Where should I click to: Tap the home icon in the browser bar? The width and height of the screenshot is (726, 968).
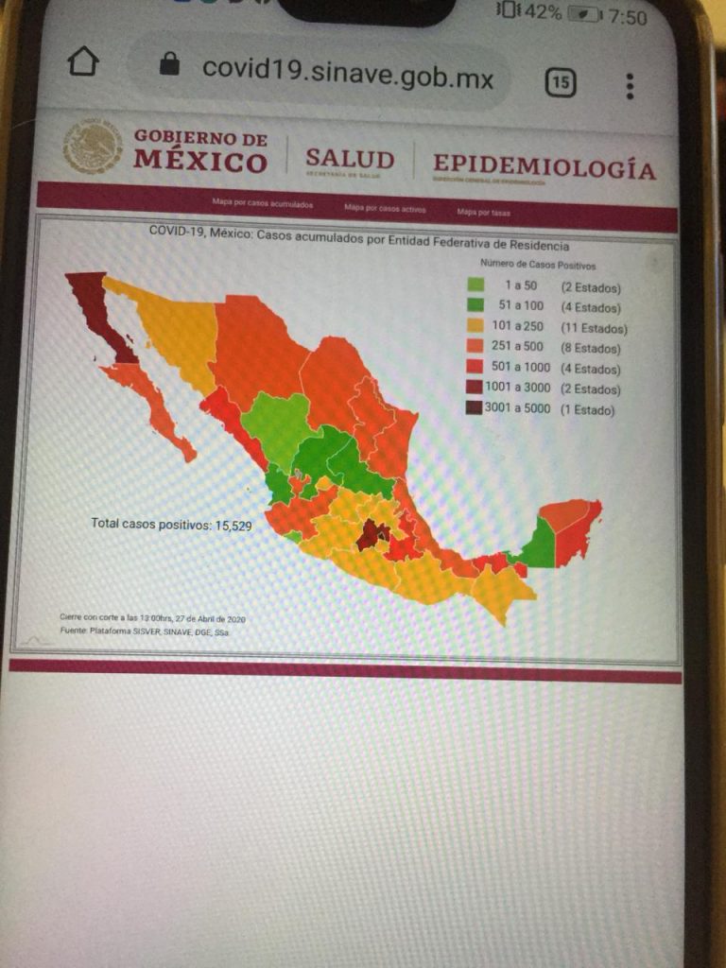pyautogui.click(x=83, y=62)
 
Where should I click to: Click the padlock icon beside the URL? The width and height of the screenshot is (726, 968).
pyautogui.click(x=170, y=64)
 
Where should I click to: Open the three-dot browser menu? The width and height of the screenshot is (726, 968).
pyautogui.click(x=630, y=86)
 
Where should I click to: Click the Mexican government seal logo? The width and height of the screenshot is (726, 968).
pyautogui.click(x=93, y=147)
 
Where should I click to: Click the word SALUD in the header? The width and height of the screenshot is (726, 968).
pyautogui.click(x=350, y=159)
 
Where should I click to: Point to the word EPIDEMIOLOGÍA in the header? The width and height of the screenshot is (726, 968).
pyautogui.click(x=544, y=168)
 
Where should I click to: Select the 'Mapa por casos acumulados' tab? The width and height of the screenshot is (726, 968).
pyautogui.click(x=264, y=204)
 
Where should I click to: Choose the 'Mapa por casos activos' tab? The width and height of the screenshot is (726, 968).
pyautogui.click(x=385, y=208)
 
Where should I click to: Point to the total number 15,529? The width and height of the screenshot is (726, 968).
pyautogui.click(x=229, y=526)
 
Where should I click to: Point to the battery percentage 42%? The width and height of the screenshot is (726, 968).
pyautogui.click(x=543, y=12)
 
